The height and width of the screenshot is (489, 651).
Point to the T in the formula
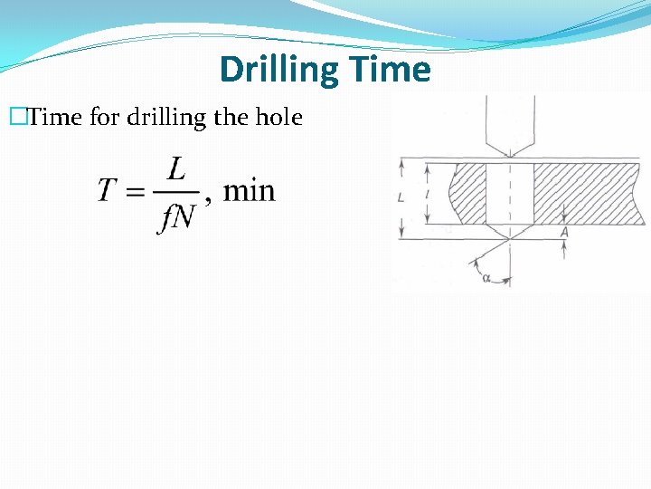(x=108, y=191)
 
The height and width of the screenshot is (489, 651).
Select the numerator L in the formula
(x=177, y=168)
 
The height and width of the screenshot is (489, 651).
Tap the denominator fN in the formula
(x=176, y=217)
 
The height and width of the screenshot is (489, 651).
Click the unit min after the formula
(x=249, y=191)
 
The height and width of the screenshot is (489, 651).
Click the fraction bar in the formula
(x=176, y=192)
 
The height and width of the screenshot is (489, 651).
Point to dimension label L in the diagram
(x=401, y=197)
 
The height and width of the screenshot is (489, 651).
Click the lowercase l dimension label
(x=426, y=193)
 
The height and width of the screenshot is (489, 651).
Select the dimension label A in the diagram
(x=564, y=232)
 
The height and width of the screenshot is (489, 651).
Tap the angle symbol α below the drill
(x=486, y=279)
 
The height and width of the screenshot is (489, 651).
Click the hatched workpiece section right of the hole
(x=588, y=193)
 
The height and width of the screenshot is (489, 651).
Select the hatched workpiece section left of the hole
(x=470, y=193)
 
